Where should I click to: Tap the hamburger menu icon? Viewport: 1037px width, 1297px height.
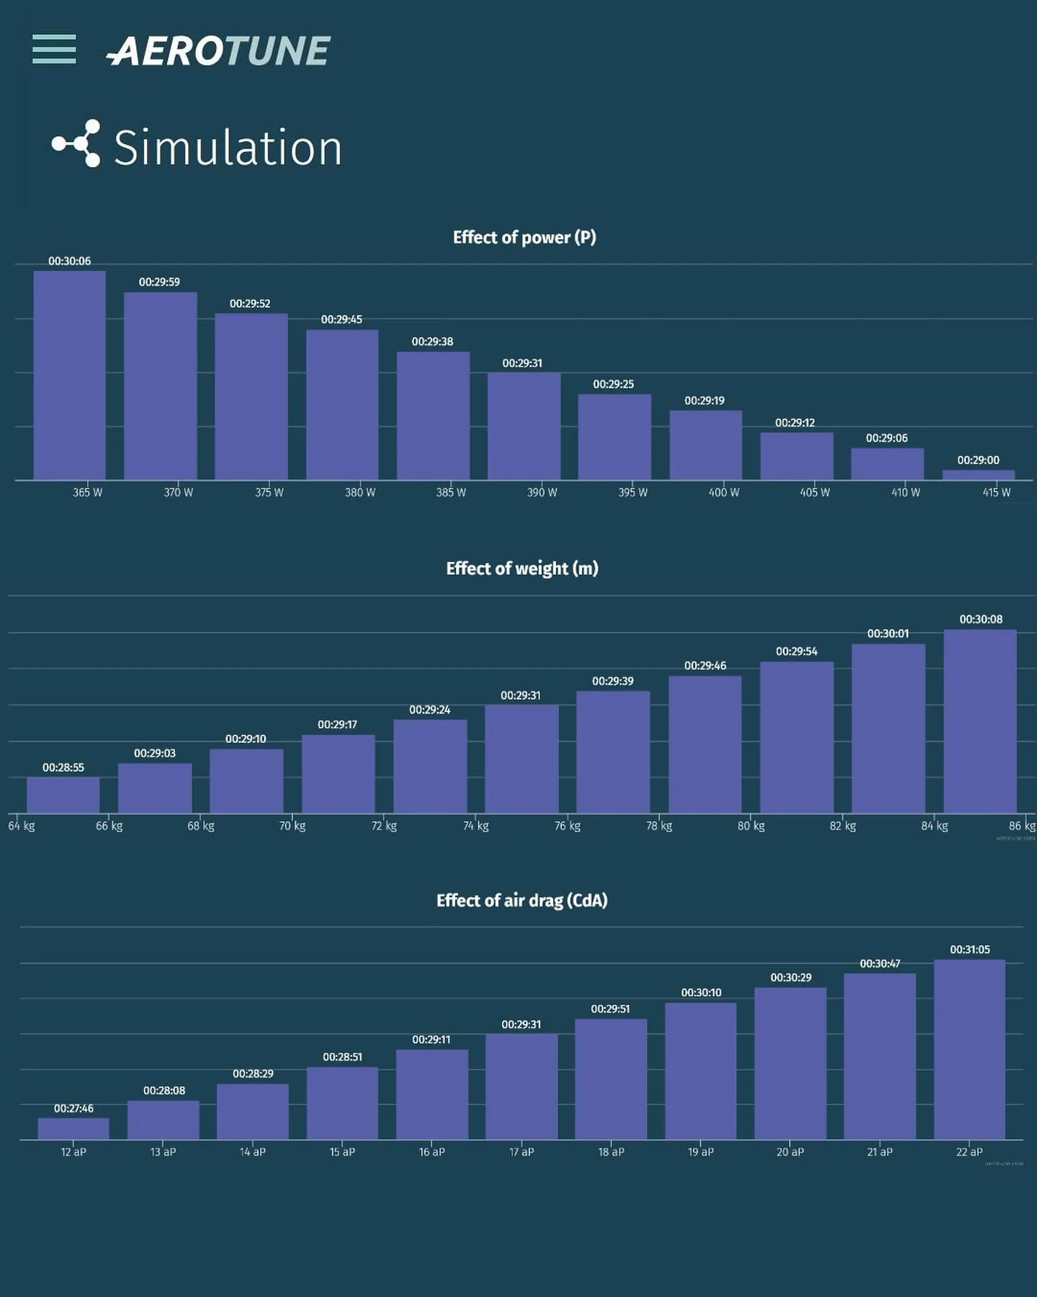coord(54,49)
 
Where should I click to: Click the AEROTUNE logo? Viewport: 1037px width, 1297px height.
coord(219,51)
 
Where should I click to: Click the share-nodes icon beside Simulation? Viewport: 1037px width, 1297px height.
coord(76,143)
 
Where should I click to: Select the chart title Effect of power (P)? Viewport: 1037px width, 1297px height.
coord(524,238)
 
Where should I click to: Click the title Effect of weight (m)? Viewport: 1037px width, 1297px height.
coord(522,569)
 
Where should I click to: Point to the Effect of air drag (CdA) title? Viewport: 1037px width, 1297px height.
coord(521,901)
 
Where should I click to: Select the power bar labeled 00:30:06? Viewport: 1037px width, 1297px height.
coord(70,375)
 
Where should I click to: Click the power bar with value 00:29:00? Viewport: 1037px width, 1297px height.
coord(978,475)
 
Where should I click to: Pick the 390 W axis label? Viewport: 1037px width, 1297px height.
coord(542,493)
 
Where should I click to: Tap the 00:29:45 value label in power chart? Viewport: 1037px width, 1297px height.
coord(341,320)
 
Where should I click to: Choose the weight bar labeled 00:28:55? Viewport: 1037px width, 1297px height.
coord(63,795)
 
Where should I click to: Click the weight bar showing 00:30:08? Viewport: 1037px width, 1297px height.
coord(980,721)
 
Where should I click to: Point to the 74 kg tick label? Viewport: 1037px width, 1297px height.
coord(476,826)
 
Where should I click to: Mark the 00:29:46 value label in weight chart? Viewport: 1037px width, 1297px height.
coord(705,666)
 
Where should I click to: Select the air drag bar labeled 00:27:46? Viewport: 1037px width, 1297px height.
coord(73,1128)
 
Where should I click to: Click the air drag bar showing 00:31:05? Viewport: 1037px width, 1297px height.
coord(969,1049)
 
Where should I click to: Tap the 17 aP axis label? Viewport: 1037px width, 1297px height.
coord(521,1152)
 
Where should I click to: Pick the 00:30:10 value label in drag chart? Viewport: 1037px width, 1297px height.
coord(701,993)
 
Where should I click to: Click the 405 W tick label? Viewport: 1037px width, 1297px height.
coord(814,493)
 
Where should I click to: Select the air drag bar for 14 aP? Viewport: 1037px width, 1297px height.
coord(253,1111)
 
